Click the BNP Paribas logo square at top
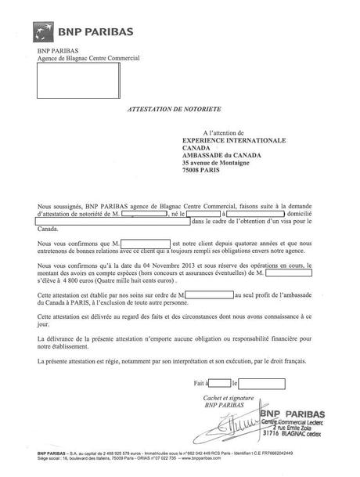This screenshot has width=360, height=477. (45, 32)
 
